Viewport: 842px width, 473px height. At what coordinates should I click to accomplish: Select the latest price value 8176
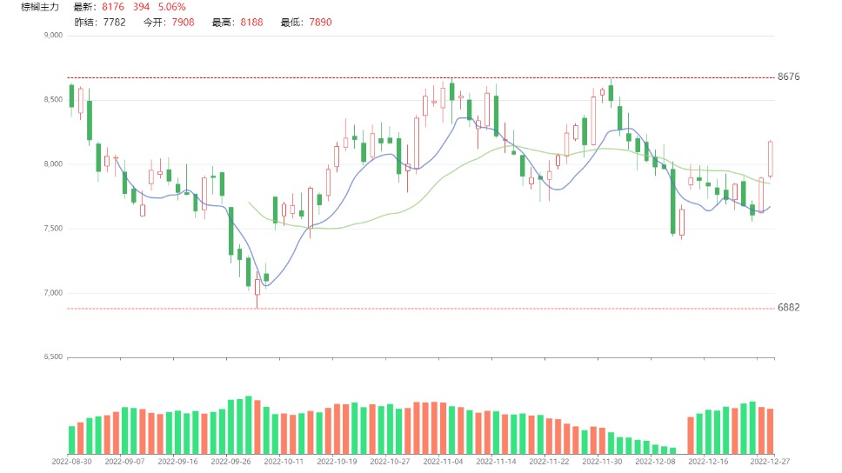(x=113, y=7)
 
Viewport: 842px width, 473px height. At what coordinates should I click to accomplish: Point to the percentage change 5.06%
(x=171, y=7)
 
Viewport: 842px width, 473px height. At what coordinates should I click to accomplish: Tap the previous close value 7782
(x=113, y=22)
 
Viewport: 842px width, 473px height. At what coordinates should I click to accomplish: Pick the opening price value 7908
(x=183, y=22)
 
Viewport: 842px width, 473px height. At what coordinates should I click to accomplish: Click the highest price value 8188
(x=251, y=22)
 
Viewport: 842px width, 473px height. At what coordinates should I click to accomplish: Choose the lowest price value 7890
(x=319, y=22)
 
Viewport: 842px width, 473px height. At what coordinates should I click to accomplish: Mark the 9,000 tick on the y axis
(x=53, y=36)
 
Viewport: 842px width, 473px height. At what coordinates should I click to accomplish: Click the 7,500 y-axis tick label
(x=53, y=229)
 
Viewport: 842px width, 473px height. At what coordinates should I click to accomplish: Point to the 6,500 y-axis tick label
(x=53, y=357)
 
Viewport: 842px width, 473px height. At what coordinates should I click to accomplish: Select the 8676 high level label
(x=788, y=77)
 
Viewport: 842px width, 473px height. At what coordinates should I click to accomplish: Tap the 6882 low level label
(x=788, y=308)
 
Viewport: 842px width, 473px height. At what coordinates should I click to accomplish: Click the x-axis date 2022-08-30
(x=72, y=462)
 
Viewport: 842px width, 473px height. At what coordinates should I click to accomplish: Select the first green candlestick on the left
(x=71, y=96)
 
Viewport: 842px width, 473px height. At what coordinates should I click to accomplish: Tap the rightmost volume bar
(x=770, y=430)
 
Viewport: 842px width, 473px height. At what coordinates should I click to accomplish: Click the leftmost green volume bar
(x=71, y=439)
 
